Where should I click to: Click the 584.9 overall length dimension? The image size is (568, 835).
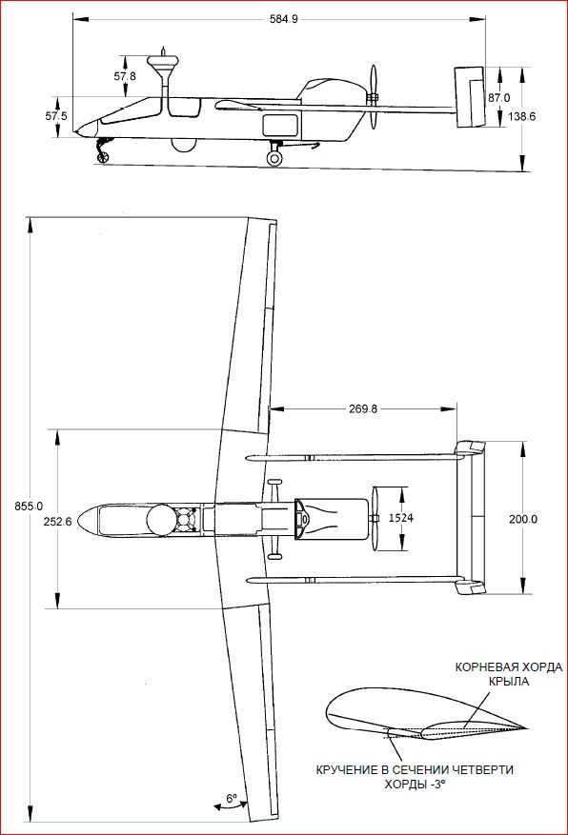[x=284, y=20]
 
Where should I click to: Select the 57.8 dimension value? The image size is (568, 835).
[x=125, y=76]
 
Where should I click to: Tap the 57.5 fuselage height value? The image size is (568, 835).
[x=56, y=115]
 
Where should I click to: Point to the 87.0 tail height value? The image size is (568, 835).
[x=498, y=98]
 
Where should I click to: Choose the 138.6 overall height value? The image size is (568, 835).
[x=522, y=116]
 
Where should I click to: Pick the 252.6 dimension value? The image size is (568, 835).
[x=57, y=522]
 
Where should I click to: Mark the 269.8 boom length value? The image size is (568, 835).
[x=363, y=409]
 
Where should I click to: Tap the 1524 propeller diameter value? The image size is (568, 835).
[x=400, y=518]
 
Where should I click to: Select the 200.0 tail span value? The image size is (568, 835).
[x=522, y=519]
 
